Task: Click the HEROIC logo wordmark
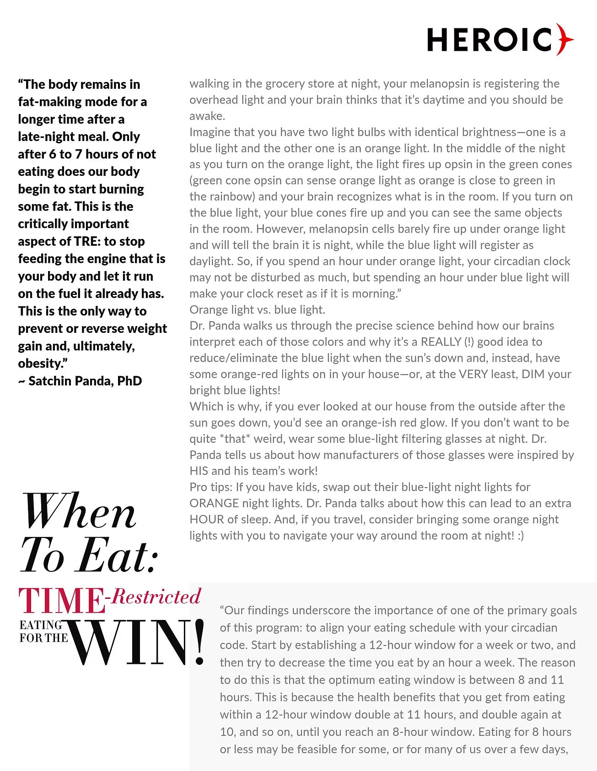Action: coord(489,40)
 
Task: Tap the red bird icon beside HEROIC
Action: coord(565,39)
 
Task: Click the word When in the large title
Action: coord(79,512)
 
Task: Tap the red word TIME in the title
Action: coord(61,601)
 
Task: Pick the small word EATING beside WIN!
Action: coord(41,625)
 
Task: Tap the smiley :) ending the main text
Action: coord(521,536)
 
